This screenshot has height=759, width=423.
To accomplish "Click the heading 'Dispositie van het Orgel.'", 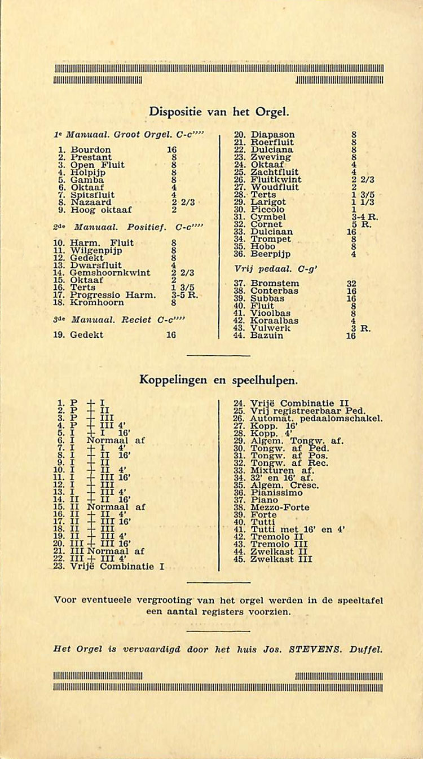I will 219,112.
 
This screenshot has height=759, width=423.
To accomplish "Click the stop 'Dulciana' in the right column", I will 272,149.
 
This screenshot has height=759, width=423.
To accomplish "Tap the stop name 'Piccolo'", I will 268,209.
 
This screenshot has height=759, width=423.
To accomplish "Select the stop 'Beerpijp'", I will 271,254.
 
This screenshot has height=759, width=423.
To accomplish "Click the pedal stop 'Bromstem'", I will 275,283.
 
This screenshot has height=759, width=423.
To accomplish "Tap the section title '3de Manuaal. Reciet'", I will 113,320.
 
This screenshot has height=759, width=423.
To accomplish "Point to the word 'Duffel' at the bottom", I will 365,649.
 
